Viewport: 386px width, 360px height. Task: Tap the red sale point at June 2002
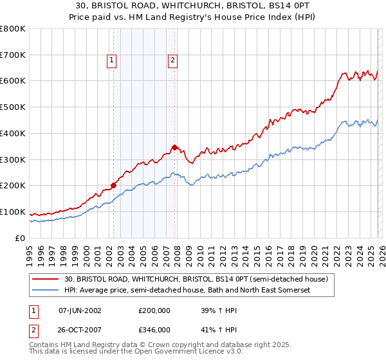click(x=114, y=185)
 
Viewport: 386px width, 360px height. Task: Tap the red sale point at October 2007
click(x=175, y=147)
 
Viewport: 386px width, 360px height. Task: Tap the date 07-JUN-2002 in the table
click(x=80, y=310)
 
